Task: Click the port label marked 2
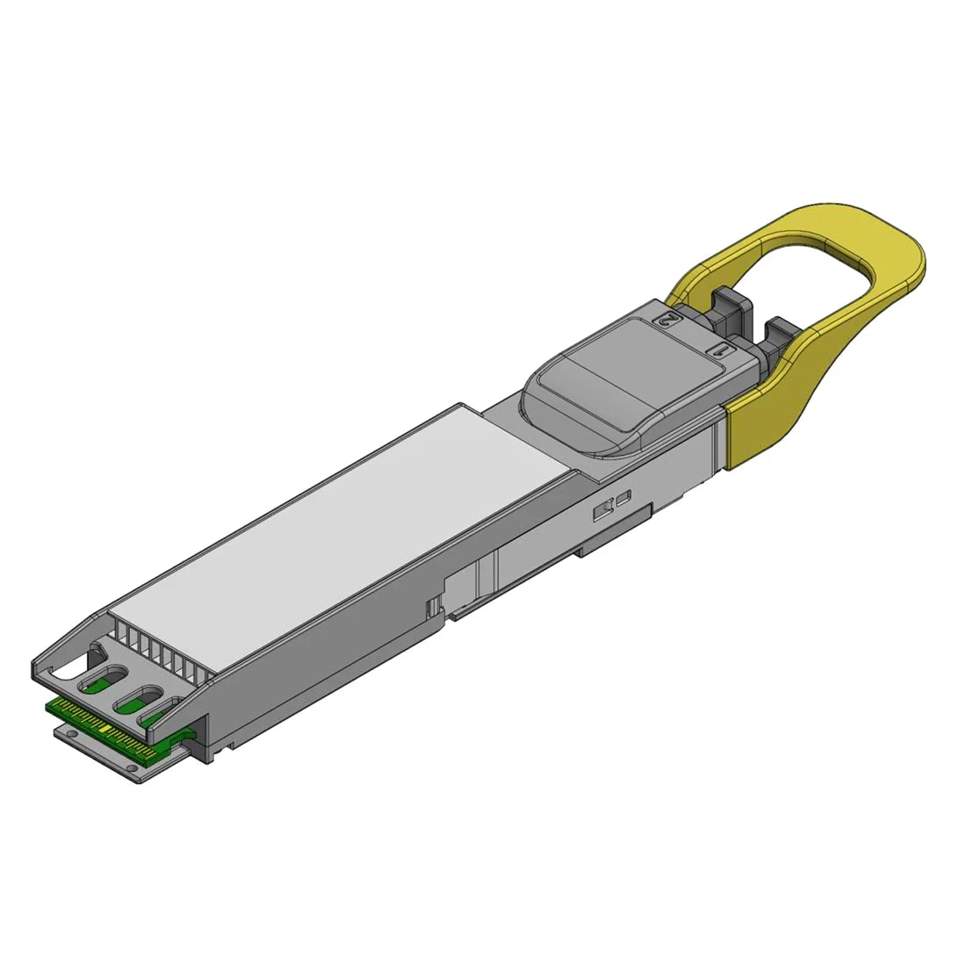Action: pos(668,318)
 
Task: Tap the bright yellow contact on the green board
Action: pos(106,729)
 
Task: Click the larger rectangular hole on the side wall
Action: pos(604,509)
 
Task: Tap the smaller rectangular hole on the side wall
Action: pos(624,500)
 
